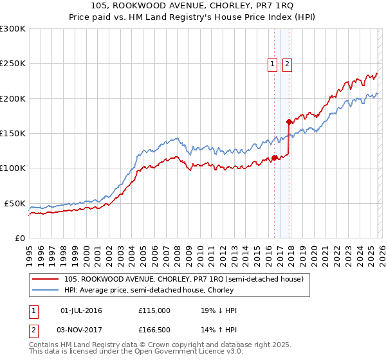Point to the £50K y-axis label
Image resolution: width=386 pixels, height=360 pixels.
tap(14, 203)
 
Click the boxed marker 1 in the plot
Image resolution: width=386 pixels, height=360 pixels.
tap(272, 64)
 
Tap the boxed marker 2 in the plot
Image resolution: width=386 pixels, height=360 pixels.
tap(286, 64)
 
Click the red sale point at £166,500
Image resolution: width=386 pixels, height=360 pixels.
tap(289, 122)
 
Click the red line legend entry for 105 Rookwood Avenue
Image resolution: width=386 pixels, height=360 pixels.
tap(188, 279)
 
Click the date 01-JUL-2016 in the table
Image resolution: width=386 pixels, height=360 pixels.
tap(81, 310)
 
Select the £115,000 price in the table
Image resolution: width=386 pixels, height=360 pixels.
tap(154, 310)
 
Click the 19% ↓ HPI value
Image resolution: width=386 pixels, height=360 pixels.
tap(219, 310)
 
